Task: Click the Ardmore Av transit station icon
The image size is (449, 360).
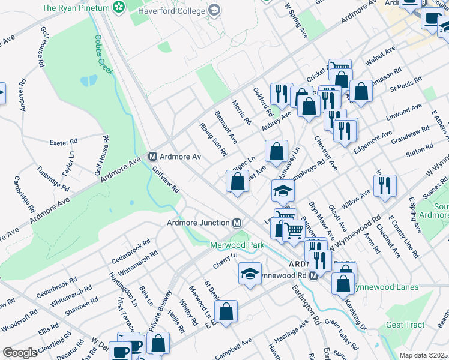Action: click(152, 157)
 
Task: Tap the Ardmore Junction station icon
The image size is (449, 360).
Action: click(237, 223)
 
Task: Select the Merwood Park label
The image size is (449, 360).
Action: click(237, 245)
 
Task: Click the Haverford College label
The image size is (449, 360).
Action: click(172, 11)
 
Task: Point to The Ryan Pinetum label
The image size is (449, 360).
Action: click(76, 8)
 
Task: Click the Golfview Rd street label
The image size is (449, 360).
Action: click(166, 179)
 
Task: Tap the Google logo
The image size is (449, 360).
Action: click(20, 353)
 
